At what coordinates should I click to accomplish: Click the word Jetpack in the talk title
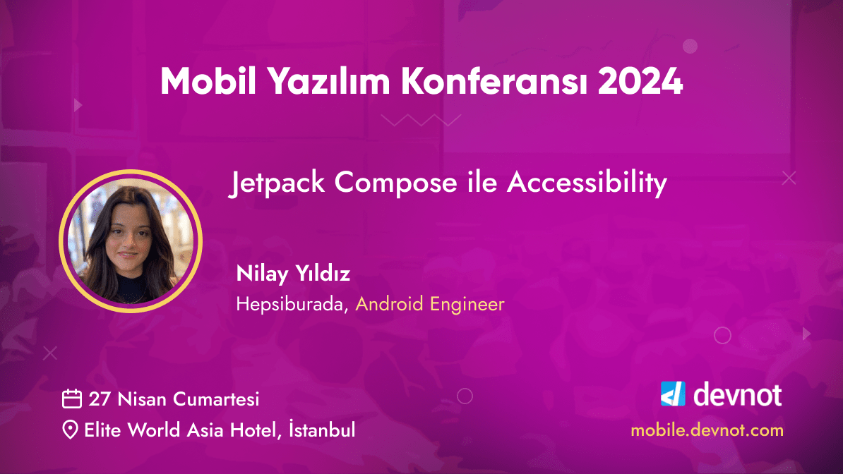click(277, 183)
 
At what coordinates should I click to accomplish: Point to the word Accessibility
click(587, 183)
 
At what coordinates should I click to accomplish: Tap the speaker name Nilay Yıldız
click(293, 274)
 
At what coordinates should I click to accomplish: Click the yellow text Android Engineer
click(429, 305)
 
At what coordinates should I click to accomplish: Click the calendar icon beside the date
click(72, 399)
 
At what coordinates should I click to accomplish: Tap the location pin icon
click(71, 430)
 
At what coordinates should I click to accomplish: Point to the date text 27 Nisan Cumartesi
click(174, 399)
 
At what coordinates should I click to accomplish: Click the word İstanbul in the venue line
click(323, 430)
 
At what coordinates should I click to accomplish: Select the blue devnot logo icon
click(673, 394)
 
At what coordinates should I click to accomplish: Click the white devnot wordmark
click(737, 394)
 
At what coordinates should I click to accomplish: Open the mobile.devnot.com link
click(707, 430)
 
